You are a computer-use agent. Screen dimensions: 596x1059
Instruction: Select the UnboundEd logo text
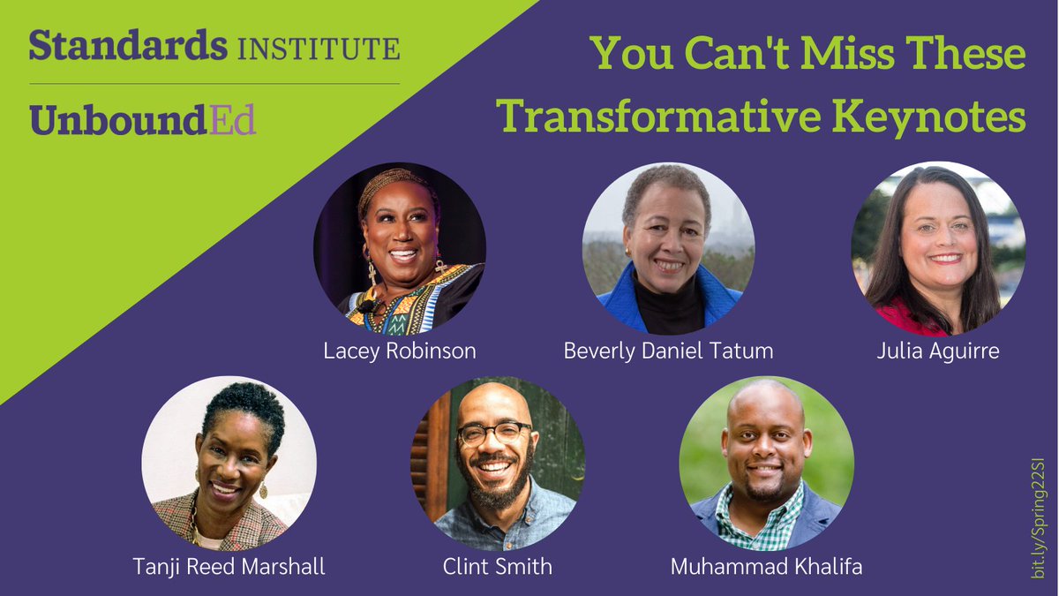click(142, 119)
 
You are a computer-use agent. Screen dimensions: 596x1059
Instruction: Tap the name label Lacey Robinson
click(400, 351)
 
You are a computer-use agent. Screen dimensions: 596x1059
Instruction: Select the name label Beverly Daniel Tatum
click(668, 351)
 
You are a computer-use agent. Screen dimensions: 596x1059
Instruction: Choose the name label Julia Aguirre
click(938, 351)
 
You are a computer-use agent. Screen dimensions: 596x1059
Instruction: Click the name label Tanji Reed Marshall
click(229, 566)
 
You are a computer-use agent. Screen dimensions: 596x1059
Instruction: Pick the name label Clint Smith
click(498, 566)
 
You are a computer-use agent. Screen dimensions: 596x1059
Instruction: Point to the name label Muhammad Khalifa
click(766, 566)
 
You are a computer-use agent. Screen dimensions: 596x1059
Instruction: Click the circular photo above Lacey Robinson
click(400, 249)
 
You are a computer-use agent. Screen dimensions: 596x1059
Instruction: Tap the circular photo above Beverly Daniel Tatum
click(668, 249)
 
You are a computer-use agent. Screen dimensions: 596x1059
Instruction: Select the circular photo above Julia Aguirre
click(938, 249)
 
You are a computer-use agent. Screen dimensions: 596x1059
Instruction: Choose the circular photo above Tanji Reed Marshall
click(229, 464)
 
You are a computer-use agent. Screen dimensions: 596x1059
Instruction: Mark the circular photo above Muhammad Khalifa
click(766, 464)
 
